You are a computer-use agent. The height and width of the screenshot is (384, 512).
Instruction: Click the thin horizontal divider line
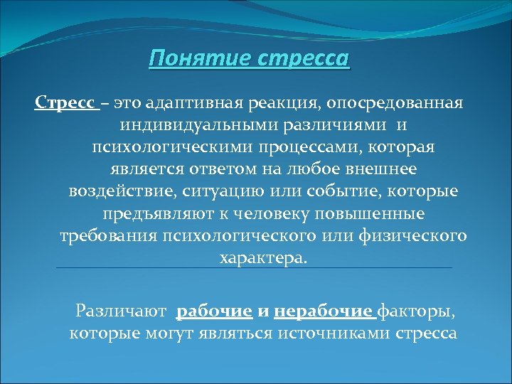click(x=254, y=268)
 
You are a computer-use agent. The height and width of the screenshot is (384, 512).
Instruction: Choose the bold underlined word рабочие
click(x=215, y=311)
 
